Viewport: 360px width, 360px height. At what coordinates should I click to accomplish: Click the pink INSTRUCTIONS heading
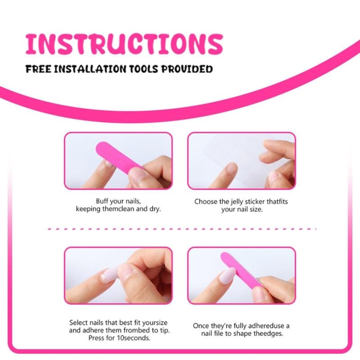coord(124,44)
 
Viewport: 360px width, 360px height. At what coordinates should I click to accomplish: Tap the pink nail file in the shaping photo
coord(241,270)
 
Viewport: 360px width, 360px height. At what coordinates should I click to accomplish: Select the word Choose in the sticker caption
coord(205,202)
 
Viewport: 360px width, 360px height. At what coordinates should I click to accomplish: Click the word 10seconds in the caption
coord(133,337)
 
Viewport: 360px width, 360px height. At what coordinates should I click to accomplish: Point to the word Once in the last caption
coord(201,326)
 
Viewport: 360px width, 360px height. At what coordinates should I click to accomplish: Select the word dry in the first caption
coord(155,209)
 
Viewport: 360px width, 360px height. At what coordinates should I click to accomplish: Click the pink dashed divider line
coord(180,229)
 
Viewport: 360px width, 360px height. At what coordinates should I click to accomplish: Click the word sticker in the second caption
coord(256,202)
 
